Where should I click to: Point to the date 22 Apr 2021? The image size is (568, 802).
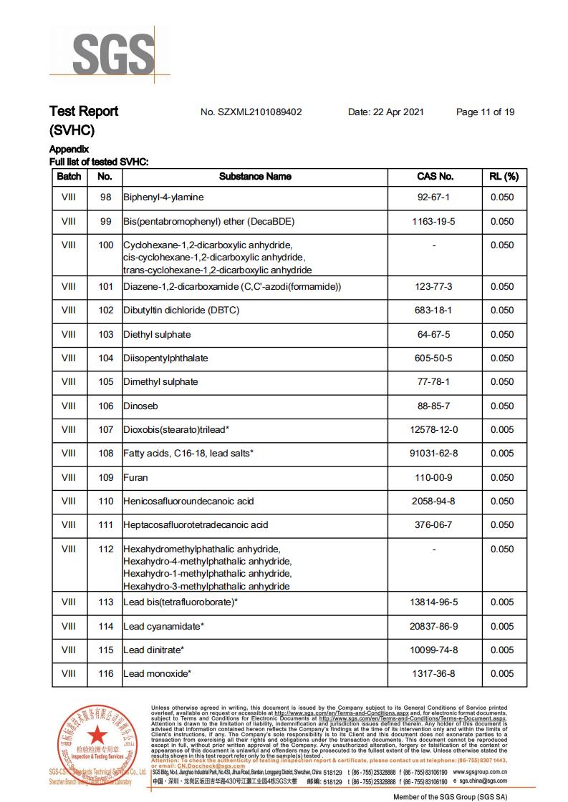pos(385,112)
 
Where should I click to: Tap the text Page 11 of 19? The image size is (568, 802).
pos(485,112)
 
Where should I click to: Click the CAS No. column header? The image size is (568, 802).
pos(435,176)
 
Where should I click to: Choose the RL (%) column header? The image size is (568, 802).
pos(504,176)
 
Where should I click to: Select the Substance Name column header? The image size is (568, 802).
pos(255,176)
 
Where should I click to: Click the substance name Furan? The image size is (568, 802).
pos(135,477)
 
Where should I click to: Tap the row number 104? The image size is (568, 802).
pos(106,358)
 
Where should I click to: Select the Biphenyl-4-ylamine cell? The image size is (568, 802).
pos(163,197)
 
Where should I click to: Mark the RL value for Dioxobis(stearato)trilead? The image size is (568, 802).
pos(502,429)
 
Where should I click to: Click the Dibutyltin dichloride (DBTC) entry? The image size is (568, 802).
pos(181,310)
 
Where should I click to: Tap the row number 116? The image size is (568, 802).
pos(106,674)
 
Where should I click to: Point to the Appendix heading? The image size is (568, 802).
pos(69,150)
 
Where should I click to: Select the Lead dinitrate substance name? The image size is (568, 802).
pos(154,650)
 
